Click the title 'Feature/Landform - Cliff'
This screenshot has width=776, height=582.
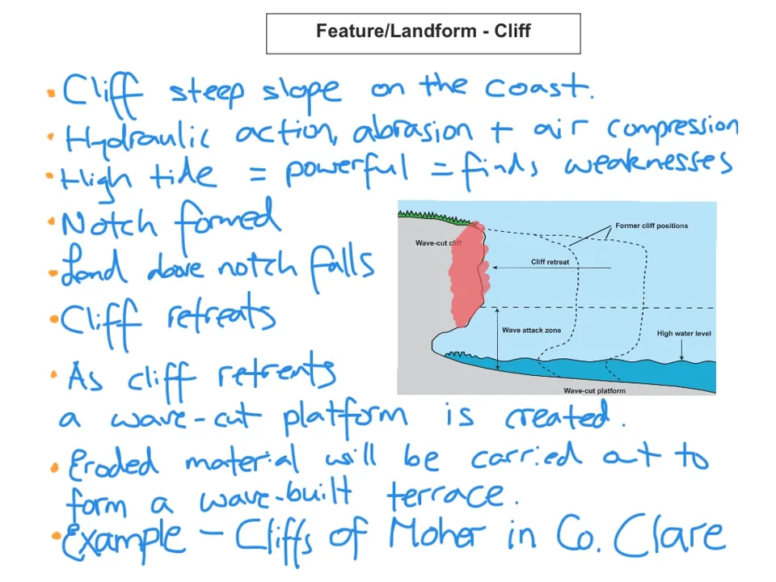[x=423, y=32]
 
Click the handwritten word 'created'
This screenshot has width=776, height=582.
[x=565, y=417]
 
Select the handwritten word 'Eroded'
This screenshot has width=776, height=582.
[x=113, y=462]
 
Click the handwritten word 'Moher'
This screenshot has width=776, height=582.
[x=436, y=536]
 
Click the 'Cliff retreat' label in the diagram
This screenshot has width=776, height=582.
[x=550, y=262]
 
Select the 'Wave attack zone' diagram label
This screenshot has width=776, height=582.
[x=531, y=330]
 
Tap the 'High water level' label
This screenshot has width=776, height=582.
[x=684, y=333]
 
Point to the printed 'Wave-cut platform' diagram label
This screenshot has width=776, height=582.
[x=594, y=390]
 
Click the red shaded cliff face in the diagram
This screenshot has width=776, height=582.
[x=467, y=275]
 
